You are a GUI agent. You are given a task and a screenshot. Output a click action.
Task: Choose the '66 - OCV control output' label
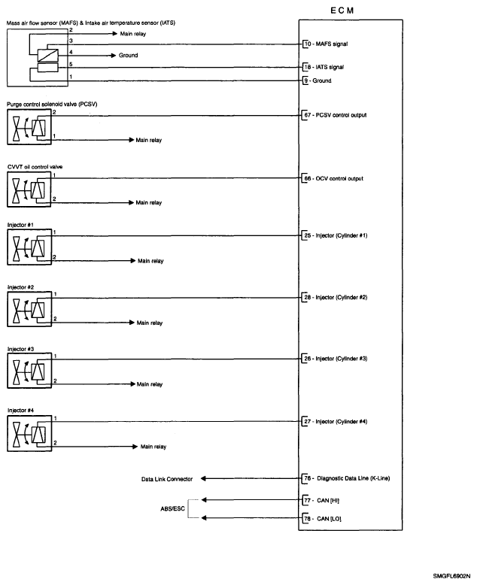[x=333, y=179]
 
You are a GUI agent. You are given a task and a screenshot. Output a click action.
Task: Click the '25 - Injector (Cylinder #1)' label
[x=335, y=235]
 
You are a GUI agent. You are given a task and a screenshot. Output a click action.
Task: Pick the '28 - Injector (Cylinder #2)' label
[x=335, y=297]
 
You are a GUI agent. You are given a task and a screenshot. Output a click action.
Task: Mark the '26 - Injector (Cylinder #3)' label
[x=335, y=359]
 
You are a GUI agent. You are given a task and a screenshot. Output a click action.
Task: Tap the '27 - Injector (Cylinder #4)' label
[x=335, y=421]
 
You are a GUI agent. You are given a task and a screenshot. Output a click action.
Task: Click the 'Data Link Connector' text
[x=167, y=479]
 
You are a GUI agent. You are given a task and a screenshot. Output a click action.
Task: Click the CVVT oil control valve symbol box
[x=28, y=191]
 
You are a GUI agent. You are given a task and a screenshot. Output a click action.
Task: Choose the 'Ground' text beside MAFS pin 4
[x=129, y=56]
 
